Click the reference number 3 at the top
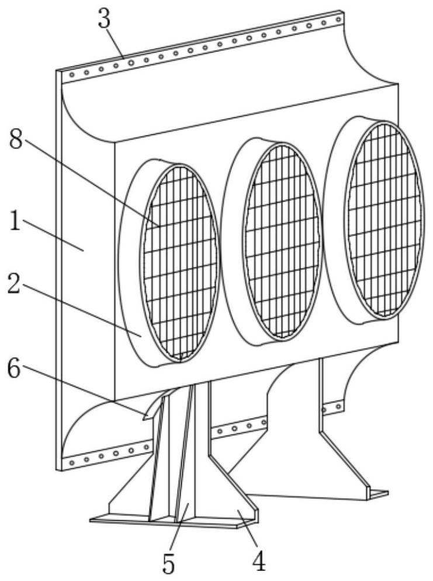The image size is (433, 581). [x=104, y=19]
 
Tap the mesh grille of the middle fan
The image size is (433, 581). [x=282, y=239]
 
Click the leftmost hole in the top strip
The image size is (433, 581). [x=72, y=75]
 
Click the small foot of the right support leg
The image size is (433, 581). [x=377, y=495]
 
